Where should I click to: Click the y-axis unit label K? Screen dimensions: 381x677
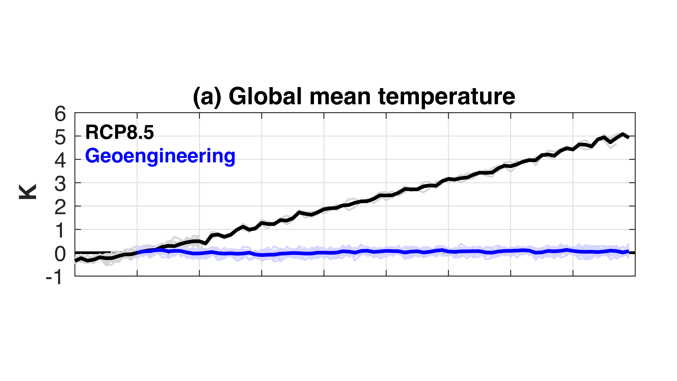(x=28, y=192)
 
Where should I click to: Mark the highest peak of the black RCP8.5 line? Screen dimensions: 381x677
(x=622, y=134)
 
